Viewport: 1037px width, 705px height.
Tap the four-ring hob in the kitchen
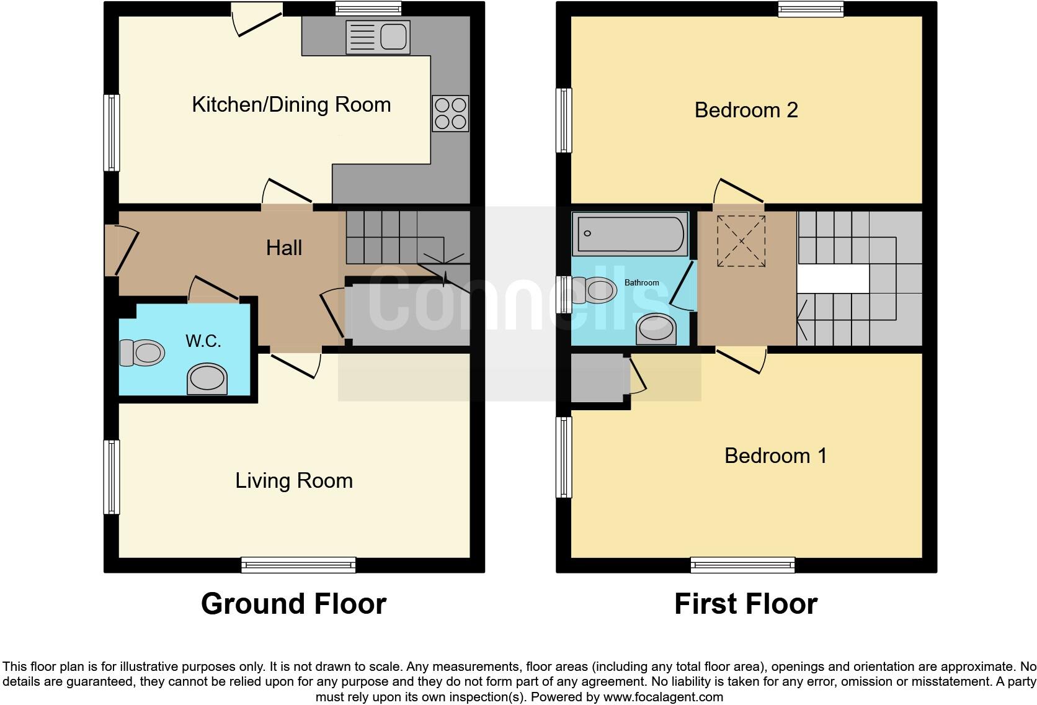pos(450,114)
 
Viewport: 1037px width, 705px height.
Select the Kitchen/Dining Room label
pos(292,104)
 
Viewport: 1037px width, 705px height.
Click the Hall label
pos(284,248)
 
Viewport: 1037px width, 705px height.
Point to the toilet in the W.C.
pos(143,352)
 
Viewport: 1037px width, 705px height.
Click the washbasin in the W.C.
pos(207,379)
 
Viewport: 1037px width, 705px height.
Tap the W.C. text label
pos(203,341)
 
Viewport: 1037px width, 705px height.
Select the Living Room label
pos(294,480)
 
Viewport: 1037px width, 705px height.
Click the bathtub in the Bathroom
pos(630,234)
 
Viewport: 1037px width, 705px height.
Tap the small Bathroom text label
pos(641,282)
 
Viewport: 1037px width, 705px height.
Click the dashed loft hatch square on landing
pos(741,241)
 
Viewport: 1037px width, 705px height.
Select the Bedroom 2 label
pos(746,110)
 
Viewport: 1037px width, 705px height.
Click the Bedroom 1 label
pos(775,456)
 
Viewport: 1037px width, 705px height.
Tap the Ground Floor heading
pos(293,603)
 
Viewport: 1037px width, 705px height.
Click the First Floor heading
pos(745,603)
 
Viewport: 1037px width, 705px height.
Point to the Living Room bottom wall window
pos(298,565)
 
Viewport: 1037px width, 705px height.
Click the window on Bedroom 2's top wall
pos(811,8)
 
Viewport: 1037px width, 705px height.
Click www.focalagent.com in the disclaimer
pos(662,697)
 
